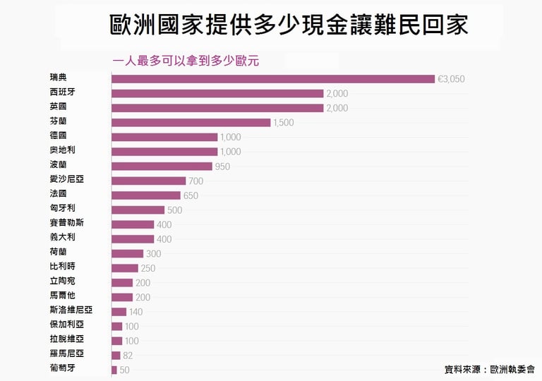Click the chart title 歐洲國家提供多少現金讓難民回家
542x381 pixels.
pos(289,26)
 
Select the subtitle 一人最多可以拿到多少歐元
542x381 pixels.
pos(186,61)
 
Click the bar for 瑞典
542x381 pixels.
pos(273,78)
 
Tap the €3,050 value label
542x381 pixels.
pos(452,79)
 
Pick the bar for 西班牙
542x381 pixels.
pos(217,93)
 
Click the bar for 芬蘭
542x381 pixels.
pos(191,122)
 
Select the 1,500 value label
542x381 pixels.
pos(283,123)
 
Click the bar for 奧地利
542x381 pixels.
pos(164,151)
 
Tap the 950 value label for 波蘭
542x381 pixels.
pos(222,167)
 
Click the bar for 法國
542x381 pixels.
pos(145,195)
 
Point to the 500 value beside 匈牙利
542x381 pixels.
pos(174,210)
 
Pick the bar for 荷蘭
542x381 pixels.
pos(127,253)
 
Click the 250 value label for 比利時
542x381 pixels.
pos(148,268)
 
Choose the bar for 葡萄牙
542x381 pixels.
pos(114,370)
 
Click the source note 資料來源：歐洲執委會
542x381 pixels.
pos(489,368)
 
